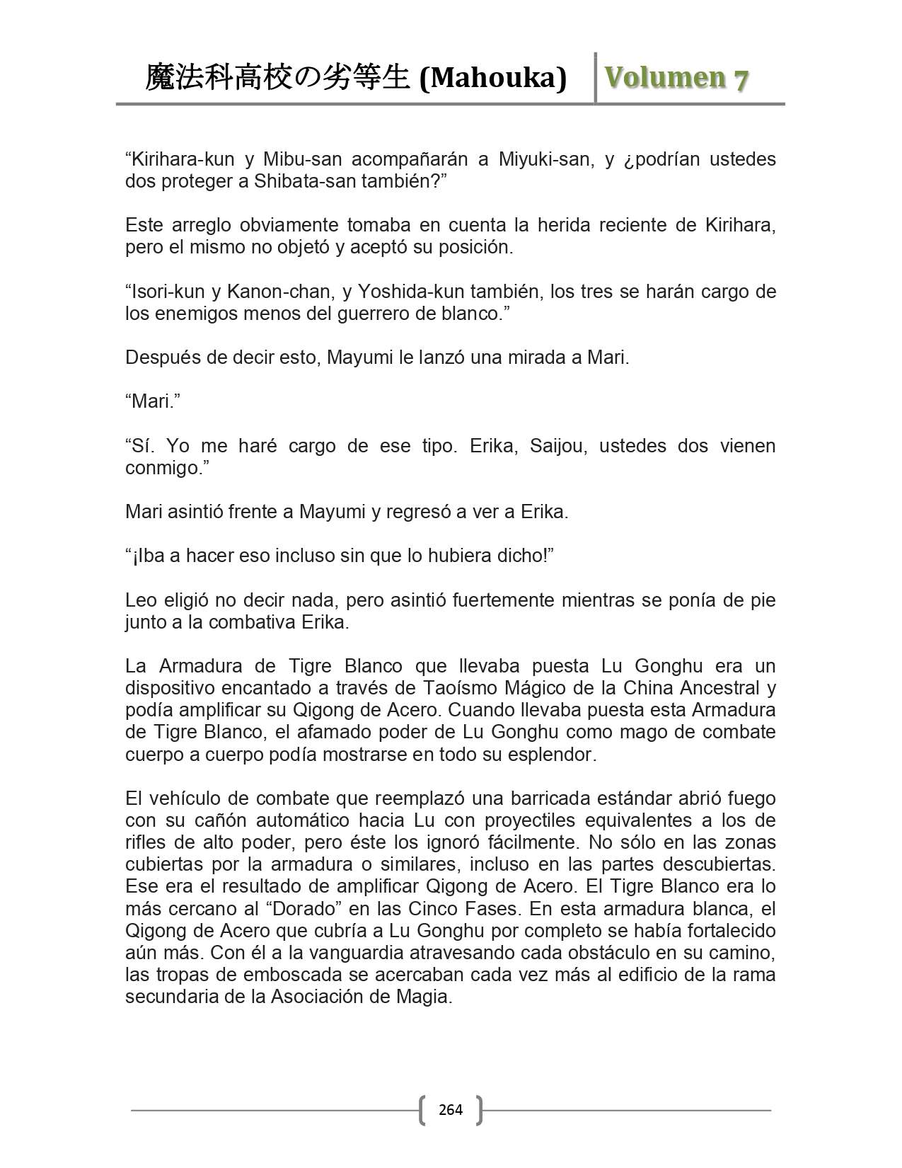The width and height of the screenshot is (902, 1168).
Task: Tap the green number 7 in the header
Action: click(740, 79)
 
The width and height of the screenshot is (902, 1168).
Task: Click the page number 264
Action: click(451, 1109)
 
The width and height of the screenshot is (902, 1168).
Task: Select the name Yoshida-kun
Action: click(404, 292)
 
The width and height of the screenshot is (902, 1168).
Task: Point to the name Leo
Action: click(141, 600)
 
